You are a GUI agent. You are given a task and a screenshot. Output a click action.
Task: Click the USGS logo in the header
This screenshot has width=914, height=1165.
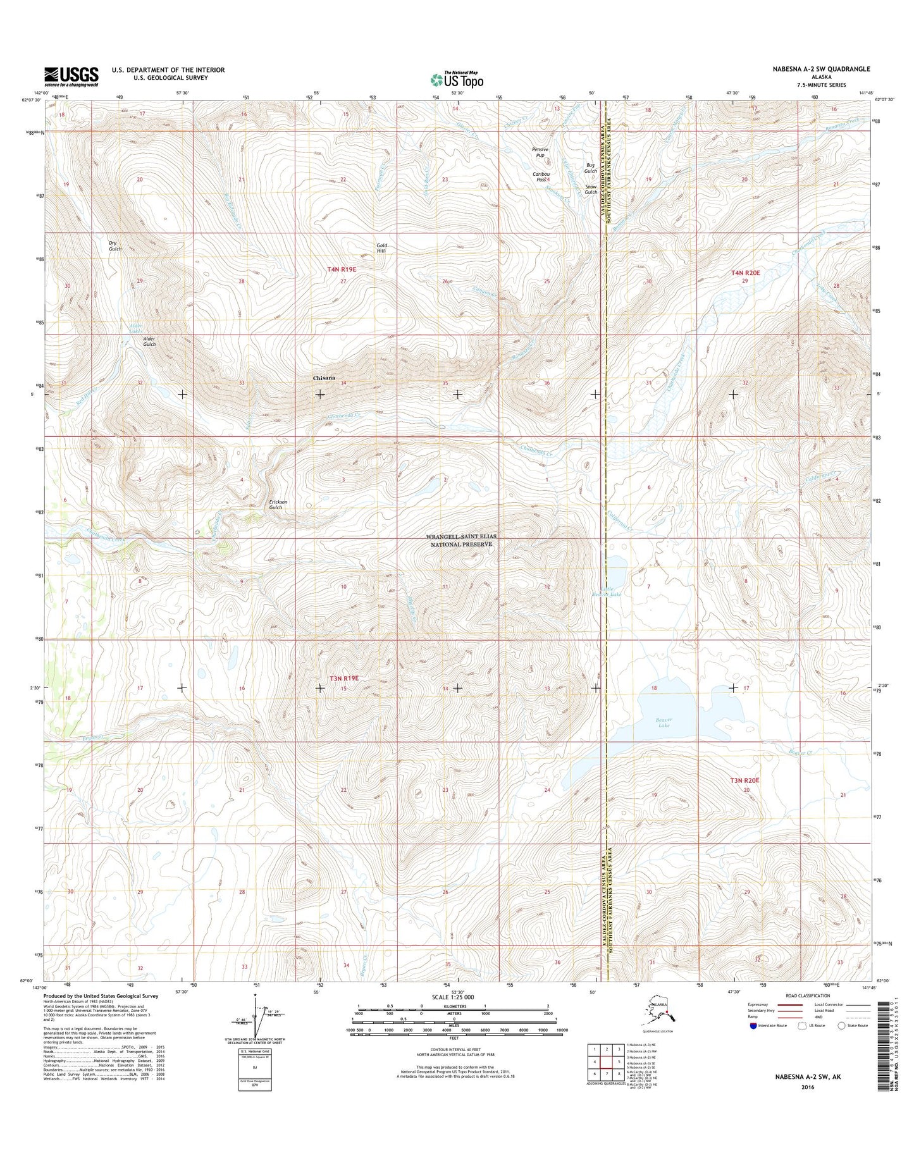[71, 77]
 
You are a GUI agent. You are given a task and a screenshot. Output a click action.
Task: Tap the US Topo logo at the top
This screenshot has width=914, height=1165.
[457, 80]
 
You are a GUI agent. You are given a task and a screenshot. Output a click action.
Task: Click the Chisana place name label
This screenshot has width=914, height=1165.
[324, 378]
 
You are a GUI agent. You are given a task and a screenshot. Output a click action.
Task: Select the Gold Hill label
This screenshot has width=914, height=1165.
[381, 248]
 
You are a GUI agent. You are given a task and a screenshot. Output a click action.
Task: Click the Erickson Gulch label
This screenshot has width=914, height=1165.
[278, 504]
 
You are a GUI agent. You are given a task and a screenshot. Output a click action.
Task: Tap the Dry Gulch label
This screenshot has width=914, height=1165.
[114, 245]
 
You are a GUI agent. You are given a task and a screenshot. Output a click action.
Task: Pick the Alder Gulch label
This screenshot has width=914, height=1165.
[149, 342]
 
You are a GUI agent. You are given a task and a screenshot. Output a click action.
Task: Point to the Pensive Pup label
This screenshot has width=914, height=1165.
[540, 152]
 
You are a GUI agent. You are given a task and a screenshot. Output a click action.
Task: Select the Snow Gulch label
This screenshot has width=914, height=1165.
[591, 189]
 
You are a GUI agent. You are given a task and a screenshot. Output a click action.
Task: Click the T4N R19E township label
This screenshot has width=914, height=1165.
[342, 269]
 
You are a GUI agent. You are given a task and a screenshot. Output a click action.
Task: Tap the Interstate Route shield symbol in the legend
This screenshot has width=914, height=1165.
[753, 1025]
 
